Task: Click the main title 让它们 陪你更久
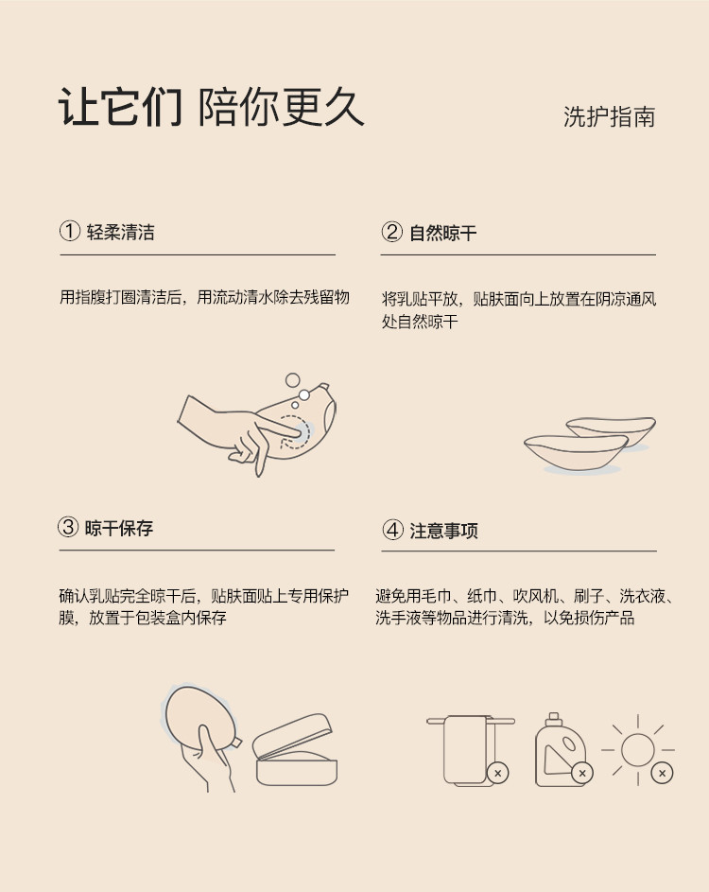tap(211, 106)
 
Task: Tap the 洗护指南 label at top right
tap(609, 116)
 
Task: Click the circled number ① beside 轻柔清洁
tap(69, 232)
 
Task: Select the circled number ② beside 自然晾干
tap(391, 232)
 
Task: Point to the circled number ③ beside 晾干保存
tap(68, 527)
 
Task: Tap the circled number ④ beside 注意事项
tap(392, 530)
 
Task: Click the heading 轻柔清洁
tap(121, 232)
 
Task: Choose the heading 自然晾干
tap(443, 233)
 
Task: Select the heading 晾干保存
tap(119, 528)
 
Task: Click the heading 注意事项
tap(443, 531)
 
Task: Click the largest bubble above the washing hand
tap(292, 380)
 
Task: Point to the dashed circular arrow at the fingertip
tap(296, 431)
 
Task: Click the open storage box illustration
tap(295, 750)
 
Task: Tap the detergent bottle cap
tap(553, 720)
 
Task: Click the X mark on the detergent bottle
tap(581, 773)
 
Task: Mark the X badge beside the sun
tap(662, 773)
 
